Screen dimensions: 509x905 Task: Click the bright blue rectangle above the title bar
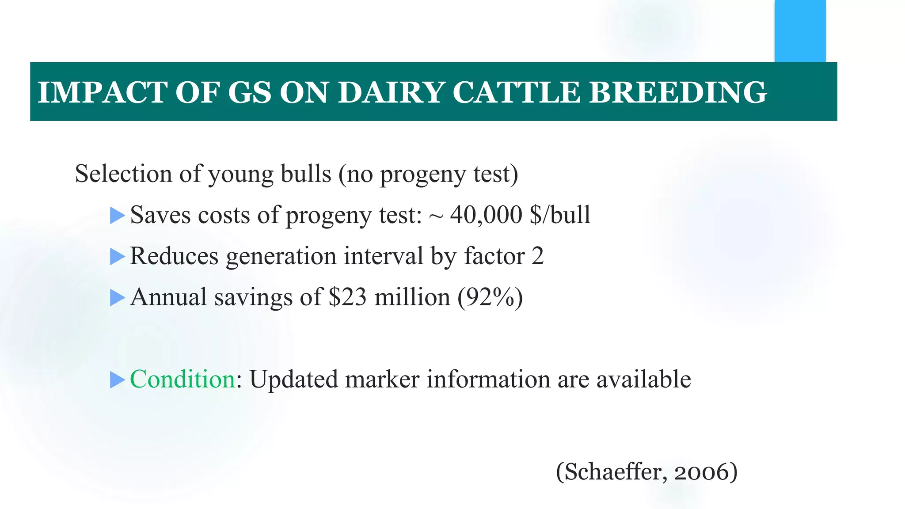click(800, 31)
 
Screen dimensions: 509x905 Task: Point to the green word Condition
click(183, 379)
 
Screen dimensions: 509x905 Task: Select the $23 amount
click(348, 297)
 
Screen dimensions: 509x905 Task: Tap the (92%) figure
click(491, 297)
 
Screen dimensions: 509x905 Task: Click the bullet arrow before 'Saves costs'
click(117, 216)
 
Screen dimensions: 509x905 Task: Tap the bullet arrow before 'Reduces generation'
click(117, 256)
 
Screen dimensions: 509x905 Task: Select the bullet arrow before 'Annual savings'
click(117, 297)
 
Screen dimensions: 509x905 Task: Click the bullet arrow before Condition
click(117, 380)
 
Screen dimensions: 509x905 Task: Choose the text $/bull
click(560, 215)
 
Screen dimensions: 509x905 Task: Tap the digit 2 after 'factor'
click(537, 256)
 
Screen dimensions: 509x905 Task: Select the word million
click(412, 297)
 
